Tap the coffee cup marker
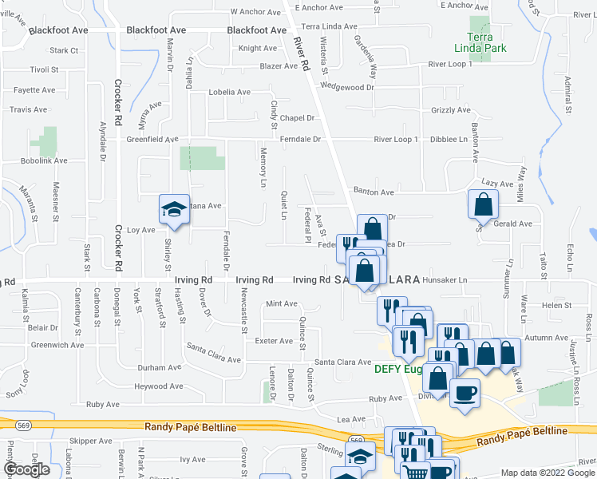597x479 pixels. click(x=465, y=394)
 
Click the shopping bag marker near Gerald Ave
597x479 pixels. click(x=483, y=204)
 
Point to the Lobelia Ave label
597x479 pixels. click(x=230, y=92)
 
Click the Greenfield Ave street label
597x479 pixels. click(x=152, y=139)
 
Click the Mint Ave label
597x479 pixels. click(x=281, y=303)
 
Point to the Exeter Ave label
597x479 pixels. click(x=274, y=341)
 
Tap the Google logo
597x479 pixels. click(x=26, y=469)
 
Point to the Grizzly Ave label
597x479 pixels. click(x=450, y=110)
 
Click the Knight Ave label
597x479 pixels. click(x=257, y=48)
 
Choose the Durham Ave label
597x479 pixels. click(x=160, y=368)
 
